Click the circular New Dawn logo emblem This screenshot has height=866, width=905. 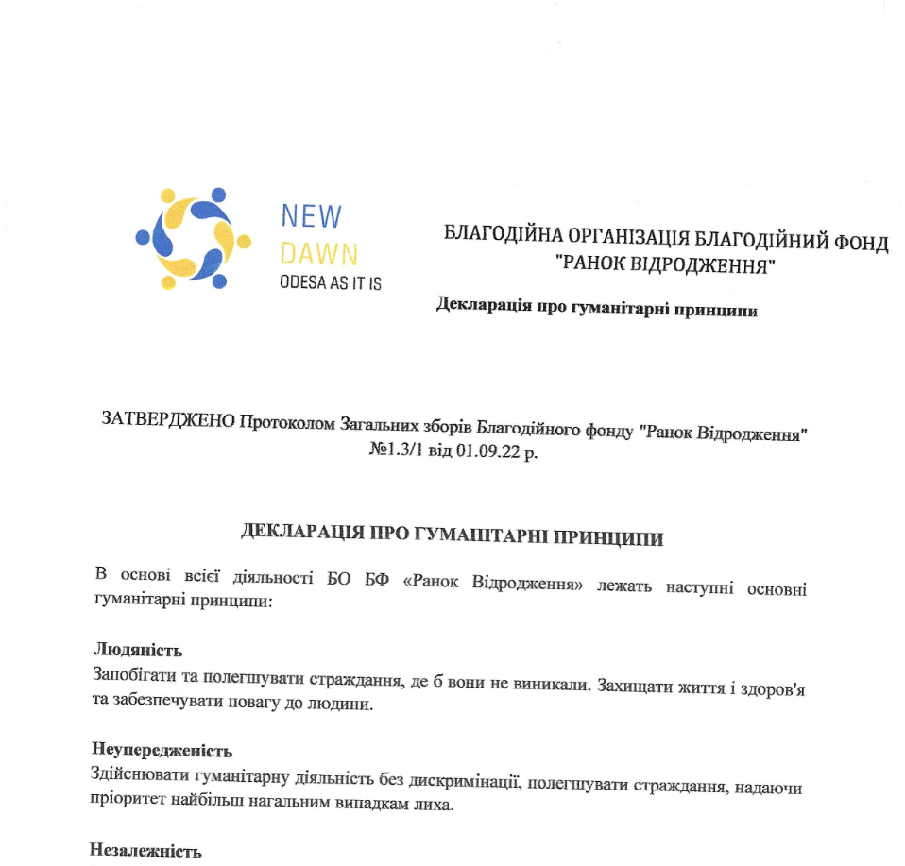194,238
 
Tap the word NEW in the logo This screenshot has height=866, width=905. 311,216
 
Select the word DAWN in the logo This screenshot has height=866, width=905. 319,252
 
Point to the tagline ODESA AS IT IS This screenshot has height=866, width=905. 331,282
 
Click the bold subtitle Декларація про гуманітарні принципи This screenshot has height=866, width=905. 597,307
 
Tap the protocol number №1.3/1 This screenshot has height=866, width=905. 395,451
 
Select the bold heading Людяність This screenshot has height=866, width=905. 138,650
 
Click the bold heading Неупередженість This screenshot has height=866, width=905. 162,751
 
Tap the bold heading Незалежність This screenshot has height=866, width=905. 145,851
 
